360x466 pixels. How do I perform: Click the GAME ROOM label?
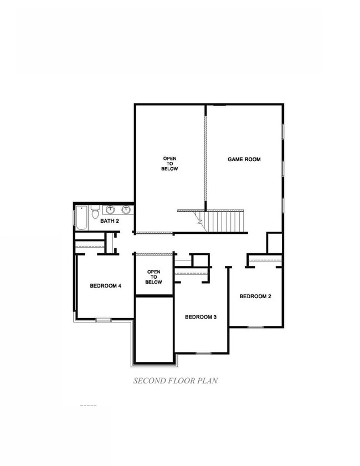[244, 160]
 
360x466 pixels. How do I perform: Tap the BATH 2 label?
[109, 221]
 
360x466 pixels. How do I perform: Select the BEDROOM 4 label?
[105, 286]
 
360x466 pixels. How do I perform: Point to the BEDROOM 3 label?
[200, 317]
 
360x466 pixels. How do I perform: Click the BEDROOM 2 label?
[255, 296]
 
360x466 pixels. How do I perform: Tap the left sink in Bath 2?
[112, 209]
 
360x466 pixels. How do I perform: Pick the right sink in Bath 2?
[126, 209]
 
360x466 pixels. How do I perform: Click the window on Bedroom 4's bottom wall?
[104, 320]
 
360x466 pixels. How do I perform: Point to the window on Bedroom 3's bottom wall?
[203, 353]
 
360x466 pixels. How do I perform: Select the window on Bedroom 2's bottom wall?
[255, 327]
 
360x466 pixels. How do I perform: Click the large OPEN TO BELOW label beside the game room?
[170, 164]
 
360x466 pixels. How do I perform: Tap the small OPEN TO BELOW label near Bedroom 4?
[154, 276]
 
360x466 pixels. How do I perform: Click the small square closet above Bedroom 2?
[275, 243]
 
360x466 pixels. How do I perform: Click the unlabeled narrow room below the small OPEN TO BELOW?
[155, 330]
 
